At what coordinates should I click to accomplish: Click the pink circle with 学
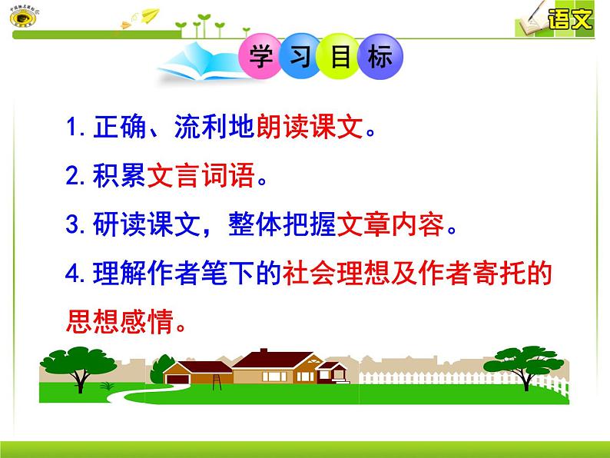coord(262,57)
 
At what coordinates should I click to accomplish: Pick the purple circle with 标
coord(380,57)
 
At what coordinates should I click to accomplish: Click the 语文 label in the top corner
coord(571,18)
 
